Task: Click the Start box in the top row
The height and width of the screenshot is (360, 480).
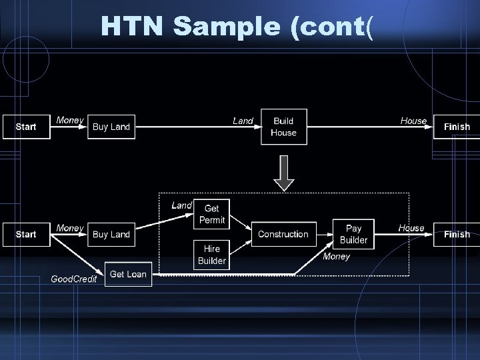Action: tap(26, 127)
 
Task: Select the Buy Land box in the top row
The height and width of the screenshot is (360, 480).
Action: tap(111, 127)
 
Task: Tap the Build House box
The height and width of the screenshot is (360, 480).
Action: tap(283, 127)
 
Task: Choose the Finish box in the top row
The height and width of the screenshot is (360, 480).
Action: tap(457, 127)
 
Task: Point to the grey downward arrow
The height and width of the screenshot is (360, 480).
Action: tap(283, 173)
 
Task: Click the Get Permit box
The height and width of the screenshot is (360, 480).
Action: tap(212, 215)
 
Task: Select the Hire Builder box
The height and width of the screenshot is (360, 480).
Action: tap(212, 255)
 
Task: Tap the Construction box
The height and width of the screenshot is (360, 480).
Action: tap(283, 234)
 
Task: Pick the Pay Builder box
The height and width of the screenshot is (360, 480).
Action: tap(353, 234)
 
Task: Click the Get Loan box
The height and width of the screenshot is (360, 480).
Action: tap(128, 274)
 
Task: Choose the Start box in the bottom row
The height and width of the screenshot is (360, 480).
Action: tap(26, 234)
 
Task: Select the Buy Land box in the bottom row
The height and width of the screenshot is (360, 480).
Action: tap(111, 234)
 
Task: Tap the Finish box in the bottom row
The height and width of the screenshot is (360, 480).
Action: tap(457, 234)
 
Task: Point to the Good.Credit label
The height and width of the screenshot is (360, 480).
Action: tap(73, 279)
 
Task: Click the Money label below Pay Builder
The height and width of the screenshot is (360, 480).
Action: tap(336, 257)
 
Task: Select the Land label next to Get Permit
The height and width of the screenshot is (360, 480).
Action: tap(181, 205)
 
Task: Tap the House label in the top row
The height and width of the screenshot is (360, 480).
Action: tap(413, 121)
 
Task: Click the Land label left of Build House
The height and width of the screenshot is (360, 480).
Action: tap(243, 121)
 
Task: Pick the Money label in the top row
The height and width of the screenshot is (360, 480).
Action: tap(70, 120)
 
